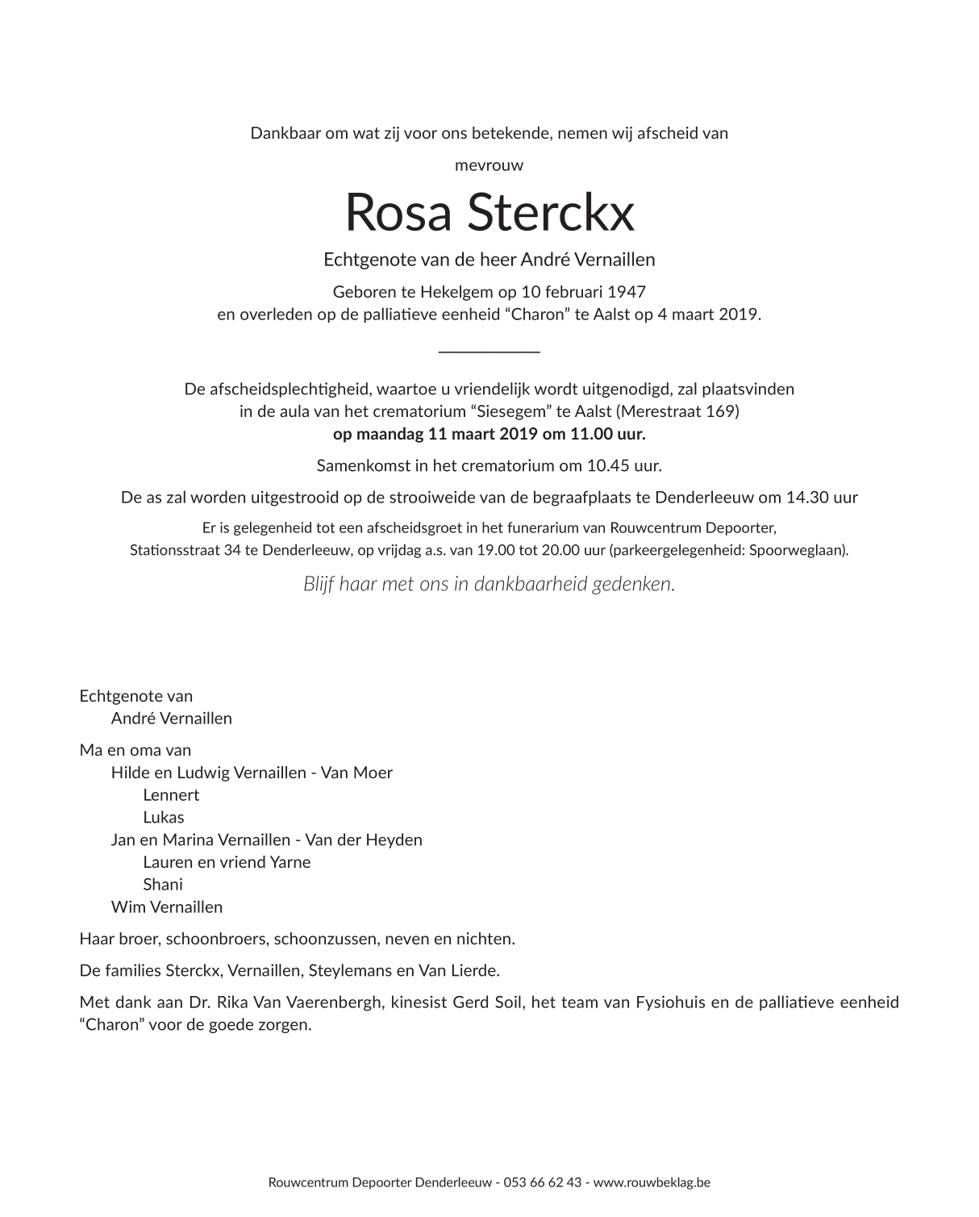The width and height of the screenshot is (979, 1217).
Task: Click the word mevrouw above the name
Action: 489,165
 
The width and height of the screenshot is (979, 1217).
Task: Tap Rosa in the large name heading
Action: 398,213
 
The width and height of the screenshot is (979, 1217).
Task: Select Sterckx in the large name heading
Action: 550,213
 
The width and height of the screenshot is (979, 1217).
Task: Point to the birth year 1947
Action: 627,291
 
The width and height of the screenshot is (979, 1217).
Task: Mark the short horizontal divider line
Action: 489,351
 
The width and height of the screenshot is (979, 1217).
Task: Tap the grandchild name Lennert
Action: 171,795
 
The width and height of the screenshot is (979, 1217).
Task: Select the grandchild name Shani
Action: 163,885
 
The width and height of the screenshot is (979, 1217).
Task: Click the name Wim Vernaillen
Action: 167,907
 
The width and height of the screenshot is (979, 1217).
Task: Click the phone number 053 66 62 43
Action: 543,1183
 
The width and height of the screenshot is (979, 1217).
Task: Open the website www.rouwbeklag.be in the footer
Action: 652,1183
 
